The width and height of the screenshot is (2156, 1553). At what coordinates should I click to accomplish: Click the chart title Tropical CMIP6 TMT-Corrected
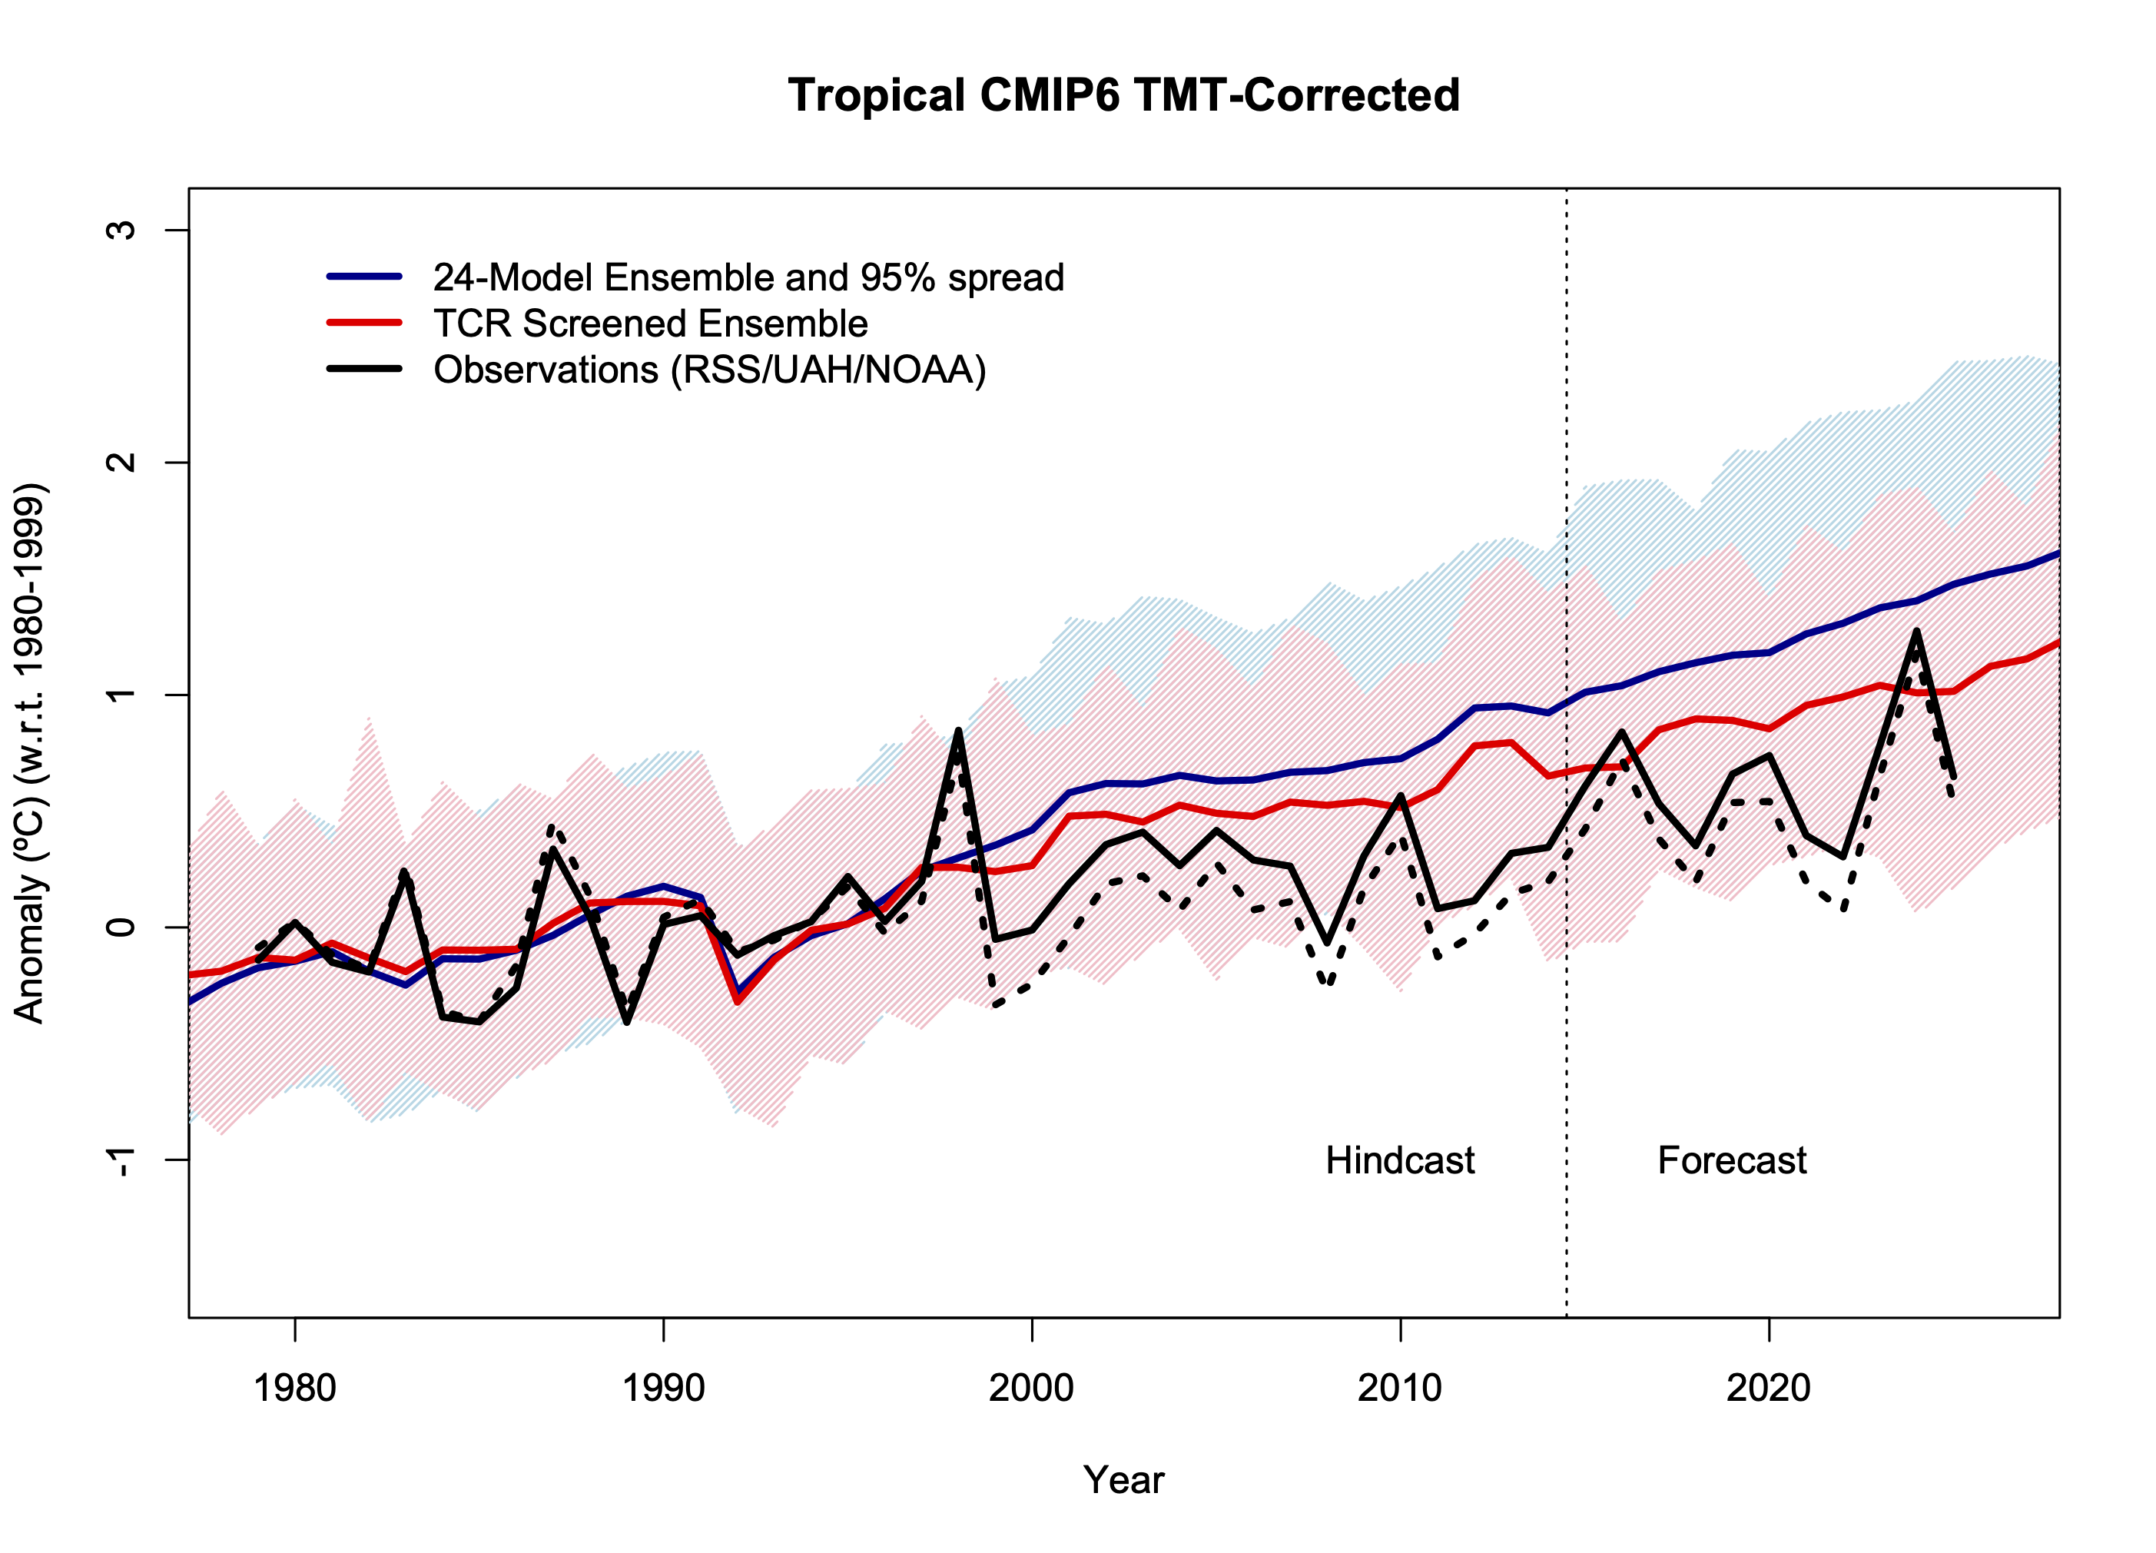coord(1123,96)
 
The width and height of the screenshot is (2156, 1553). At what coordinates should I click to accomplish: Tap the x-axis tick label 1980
coord(295,1389)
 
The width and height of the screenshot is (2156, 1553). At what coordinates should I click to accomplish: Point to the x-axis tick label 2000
coord(1031,1389)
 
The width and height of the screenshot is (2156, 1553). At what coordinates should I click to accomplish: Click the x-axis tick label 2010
coord(1399,1389)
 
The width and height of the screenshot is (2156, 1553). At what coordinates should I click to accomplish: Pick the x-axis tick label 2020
coord(1768,1389)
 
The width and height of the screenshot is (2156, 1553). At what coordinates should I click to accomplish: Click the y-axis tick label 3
coord(121,230)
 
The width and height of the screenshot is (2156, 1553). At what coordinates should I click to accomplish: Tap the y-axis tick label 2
coord(121,463)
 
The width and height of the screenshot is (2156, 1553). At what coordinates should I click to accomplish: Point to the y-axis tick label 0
coord(121,927)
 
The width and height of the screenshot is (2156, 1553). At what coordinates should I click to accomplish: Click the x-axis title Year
coord(1123,1480)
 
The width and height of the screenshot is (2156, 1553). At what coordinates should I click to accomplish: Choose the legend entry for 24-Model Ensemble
coord(748,277)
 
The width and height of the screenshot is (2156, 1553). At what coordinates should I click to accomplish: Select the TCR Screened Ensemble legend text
coord(650,324)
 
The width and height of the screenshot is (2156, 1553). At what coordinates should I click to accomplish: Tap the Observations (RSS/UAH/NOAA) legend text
coord(709,370)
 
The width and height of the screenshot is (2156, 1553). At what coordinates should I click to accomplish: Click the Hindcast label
coord(1399,1160)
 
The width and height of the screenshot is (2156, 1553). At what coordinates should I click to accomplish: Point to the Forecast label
coord(1731,1160)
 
